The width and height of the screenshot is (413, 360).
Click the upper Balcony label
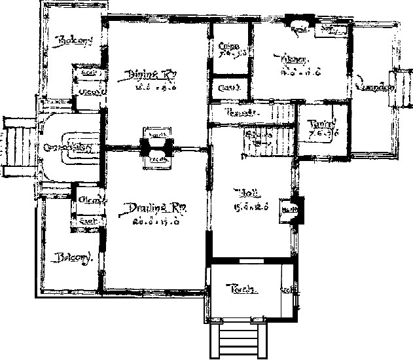74,41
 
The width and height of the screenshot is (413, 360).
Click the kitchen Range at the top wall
300,29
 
